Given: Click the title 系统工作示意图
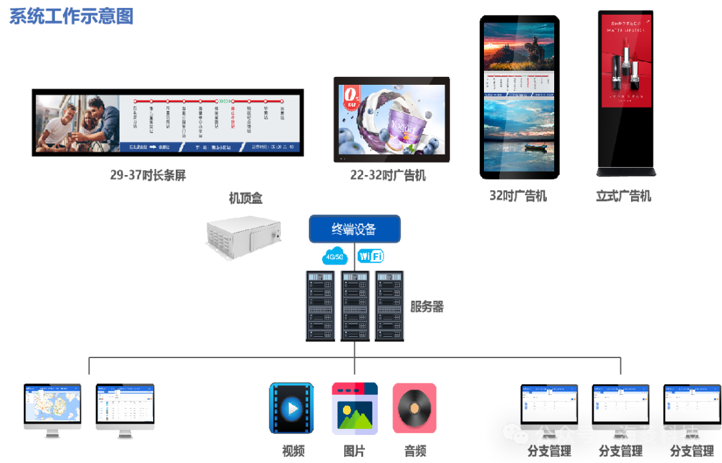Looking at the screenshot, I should click(x=72, y=17).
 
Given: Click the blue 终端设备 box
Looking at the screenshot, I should click(x=354, y=229).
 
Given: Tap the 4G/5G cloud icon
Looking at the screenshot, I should click(x=334, y=257).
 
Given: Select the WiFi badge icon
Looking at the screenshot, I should click(x=370, y=256).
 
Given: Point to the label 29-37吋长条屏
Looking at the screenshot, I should click(x=148, y=176).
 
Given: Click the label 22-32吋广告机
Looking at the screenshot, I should click(x=388, y=176).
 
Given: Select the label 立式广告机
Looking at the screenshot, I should click(x=623, y=196).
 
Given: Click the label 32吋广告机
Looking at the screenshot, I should click(x=518, y=196).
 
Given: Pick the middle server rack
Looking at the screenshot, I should click(x=354, y=305).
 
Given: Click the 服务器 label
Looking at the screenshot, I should click(x=427, y=307).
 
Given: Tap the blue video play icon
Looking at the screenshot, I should click(x=291, y=408).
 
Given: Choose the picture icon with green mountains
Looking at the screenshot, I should click(x=354, y=408).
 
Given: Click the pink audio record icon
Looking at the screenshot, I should click(x=414, y=408).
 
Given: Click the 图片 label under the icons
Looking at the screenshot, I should click(x=354, y=451).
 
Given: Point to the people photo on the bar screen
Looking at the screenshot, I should click(x=78, y=122).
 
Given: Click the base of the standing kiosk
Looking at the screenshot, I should click(x=626, y=172).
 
